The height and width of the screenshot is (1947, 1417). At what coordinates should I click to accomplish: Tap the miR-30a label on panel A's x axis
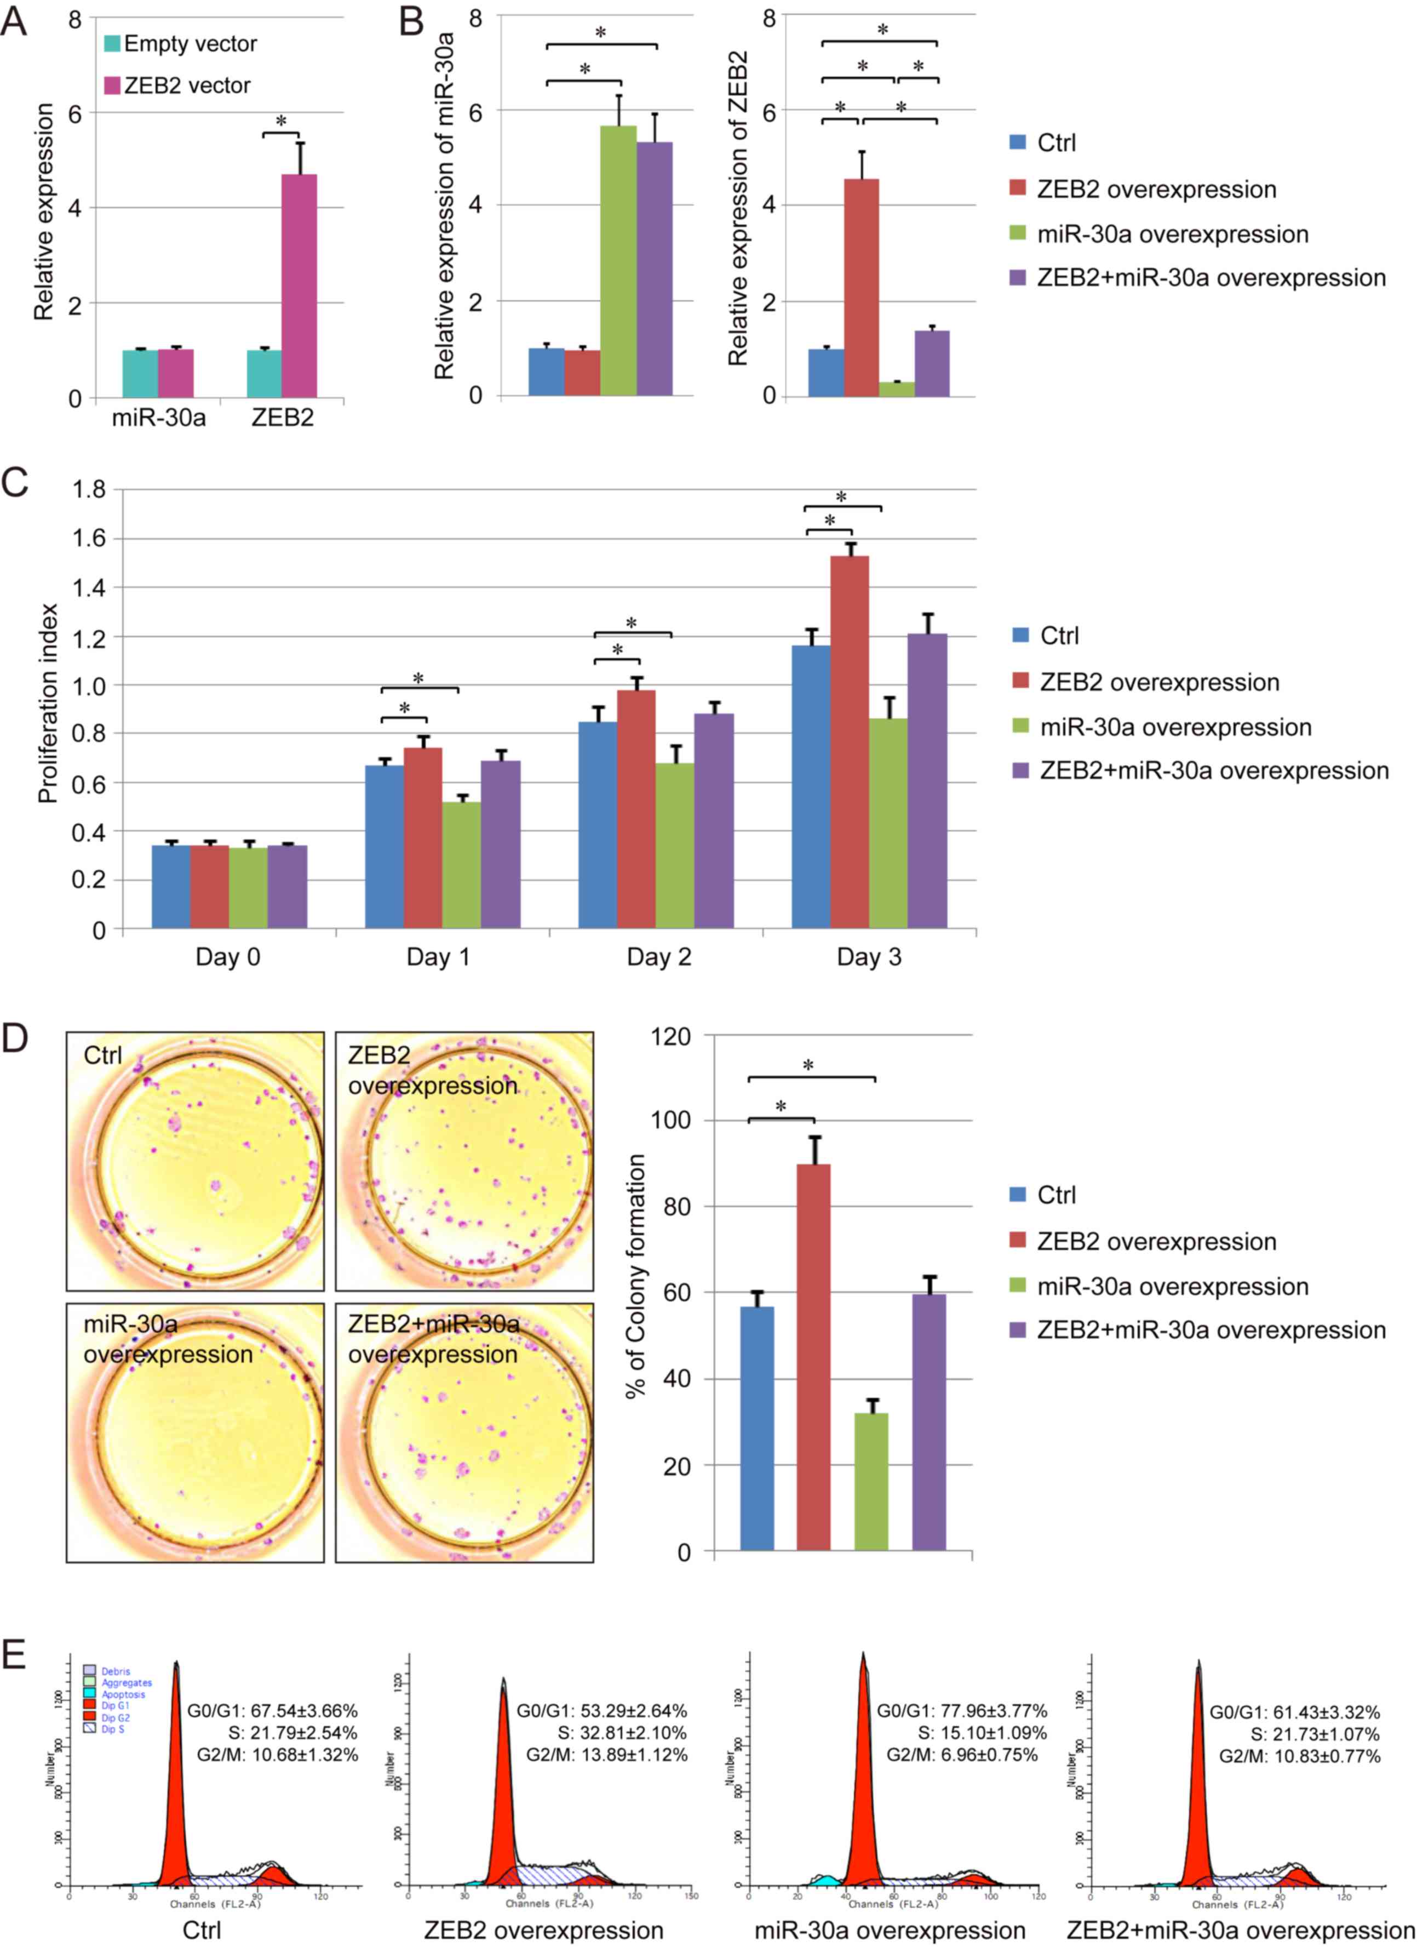click(x=159, y=419)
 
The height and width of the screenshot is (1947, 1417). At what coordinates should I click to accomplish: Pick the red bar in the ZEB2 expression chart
click(x=862, y=288)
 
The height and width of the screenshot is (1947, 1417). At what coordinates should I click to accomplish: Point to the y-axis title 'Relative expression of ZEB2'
click(x=739, y=209)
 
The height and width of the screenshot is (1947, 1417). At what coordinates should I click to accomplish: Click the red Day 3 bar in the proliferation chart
click(x=850, y=742)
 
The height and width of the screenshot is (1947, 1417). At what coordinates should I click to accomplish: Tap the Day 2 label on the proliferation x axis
click(x=659, y=957)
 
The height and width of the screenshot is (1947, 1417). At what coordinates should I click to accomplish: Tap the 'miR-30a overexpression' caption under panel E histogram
click(x=890, y=1931)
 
